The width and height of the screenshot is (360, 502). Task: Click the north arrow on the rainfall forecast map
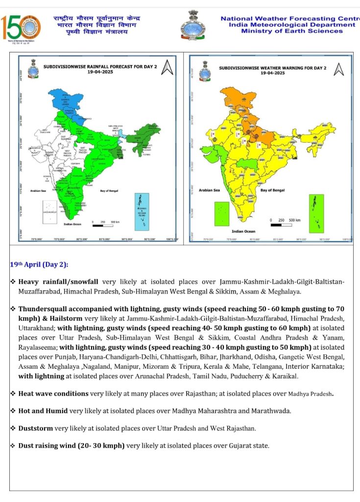(x=167, y=67)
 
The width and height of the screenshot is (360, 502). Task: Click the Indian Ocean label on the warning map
(x=243, y=231)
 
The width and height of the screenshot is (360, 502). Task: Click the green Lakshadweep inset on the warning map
(x=222, y=213)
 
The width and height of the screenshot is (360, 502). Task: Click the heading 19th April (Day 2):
(x=39, y=265)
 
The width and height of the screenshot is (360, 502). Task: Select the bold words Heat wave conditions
(x=53, y=394)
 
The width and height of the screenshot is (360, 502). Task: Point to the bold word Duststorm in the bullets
(x=36, y=428)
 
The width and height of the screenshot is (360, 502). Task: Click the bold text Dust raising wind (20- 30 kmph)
(x=72, y=446)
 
